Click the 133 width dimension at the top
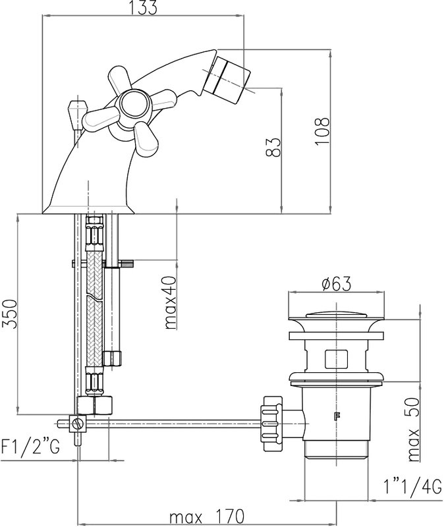click(x=144, y=7)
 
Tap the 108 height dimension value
click(x=322, y=131)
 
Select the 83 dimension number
click(x=273, y=147)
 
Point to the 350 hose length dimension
click(x=9, y=314)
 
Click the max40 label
click(x=171, y=302)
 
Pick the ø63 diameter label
click(x=336, y=284)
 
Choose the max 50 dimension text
click(x=414, y=430)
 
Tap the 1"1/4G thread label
click(x=412, y=487)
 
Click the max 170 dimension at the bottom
click(x=207, y=516)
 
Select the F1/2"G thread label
click(x=30, y=447)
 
